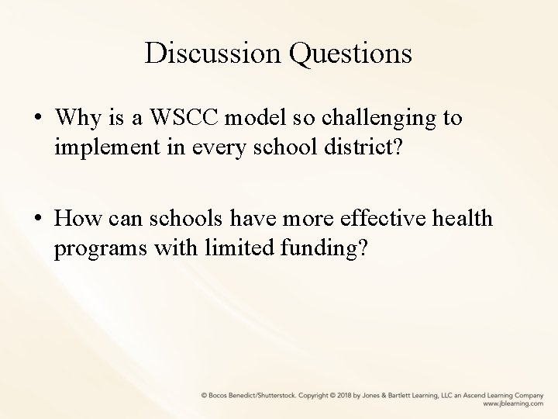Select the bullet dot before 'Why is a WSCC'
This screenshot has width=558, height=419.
click(38, 119)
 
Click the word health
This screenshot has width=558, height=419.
click(462, 220)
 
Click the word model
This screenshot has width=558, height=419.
click(245, 119)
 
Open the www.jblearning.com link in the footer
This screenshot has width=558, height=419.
click(512, 404)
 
